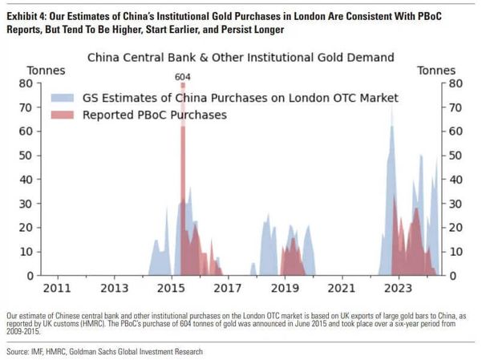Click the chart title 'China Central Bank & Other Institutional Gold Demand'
[240, 58]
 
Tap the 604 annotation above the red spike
[184, 77]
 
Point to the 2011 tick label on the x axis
[57, 287]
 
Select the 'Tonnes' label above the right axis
[436, 71]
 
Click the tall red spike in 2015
[184, 160]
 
